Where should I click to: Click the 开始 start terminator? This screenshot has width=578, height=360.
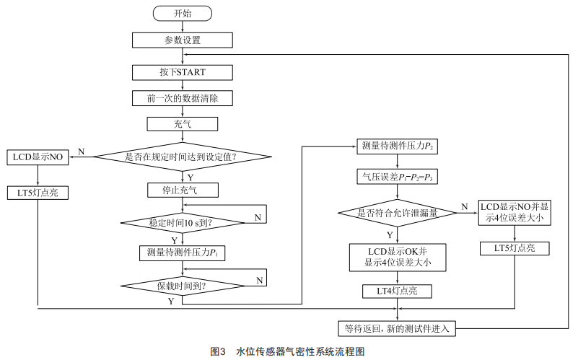click(183, 14)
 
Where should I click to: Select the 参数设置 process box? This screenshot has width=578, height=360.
click(183, 40)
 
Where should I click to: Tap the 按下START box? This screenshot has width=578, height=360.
click(183, 72)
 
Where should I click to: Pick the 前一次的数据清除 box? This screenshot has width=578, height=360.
click(183, 98)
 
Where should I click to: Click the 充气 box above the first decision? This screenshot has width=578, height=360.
click(183, 124)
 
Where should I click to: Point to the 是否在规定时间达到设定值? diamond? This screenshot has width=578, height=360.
click(183, 157)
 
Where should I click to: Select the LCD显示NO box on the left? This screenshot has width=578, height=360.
click(38, 157)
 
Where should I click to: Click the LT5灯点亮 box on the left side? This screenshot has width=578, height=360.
click(38, 193)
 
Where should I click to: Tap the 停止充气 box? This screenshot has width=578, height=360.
click(183, 190)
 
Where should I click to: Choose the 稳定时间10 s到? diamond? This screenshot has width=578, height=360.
click(183, 222)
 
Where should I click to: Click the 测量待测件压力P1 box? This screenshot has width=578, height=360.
click(182, 253)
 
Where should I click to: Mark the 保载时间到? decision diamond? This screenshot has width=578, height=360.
click(183, 286)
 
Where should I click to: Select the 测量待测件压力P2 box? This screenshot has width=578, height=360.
click(398, 146)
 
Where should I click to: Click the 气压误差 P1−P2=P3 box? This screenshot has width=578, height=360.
click(398, 177)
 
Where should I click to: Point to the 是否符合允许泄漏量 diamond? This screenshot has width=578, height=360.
click(398, 213)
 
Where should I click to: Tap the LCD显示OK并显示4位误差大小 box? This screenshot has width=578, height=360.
click(398, 258)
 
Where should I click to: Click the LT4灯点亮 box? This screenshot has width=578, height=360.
click(397, 291)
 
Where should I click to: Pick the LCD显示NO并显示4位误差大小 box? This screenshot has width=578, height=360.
click(514, 212)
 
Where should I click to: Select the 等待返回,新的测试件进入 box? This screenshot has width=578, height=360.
click(397, 328)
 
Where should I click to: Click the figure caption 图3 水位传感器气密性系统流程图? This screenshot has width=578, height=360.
click(287, 351)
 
